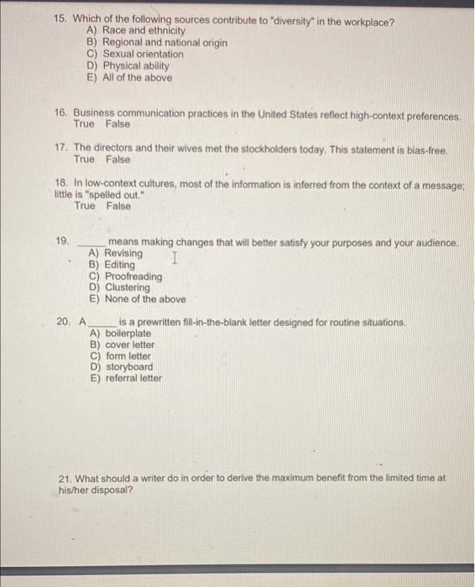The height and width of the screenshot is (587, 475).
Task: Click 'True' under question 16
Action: pyautogui.click(x=85, y=124)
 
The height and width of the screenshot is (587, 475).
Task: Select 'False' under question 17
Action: pyautogui.click(x=117, y=159)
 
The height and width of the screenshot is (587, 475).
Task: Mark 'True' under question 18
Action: pyautogui.click(x=85, y=205)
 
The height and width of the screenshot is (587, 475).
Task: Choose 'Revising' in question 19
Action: pyautogui.click(x=123, y=253)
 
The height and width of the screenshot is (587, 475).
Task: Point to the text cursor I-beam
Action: pyautogui.click(x=174, y=259)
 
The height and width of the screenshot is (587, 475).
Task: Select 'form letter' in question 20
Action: pyautogui.click(x=128, y=356)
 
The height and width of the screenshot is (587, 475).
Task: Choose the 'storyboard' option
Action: pyautogui.click(x=129, y=366)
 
